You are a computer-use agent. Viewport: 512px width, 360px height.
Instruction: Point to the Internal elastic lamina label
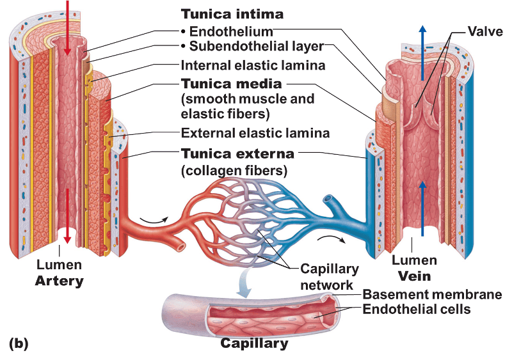[x=253, y=65]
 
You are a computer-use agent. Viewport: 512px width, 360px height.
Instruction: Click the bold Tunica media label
[x=232, y=84]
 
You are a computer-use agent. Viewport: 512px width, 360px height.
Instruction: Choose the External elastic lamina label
[x=255, y=134]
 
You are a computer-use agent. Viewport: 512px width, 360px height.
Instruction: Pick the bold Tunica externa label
[x=237, y=154]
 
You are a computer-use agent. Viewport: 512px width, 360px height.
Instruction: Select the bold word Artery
[x=60, y=280]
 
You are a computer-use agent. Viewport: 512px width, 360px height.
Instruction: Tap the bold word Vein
[x=414, y=276]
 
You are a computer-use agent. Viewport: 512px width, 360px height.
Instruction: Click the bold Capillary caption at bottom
[x=254, y=343]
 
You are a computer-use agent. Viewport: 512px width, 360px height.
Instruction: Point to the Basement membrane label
[x=432, y=295]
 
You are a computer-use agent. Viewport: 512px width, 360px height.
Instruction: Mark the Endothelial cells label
[x=417, y=309]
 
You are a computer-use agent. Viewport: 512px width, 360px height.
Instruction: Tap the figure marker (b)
[x=19, y=343]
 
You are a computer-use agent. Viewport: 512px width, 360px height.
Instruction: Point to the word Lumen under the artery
[x=58, y=265]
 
